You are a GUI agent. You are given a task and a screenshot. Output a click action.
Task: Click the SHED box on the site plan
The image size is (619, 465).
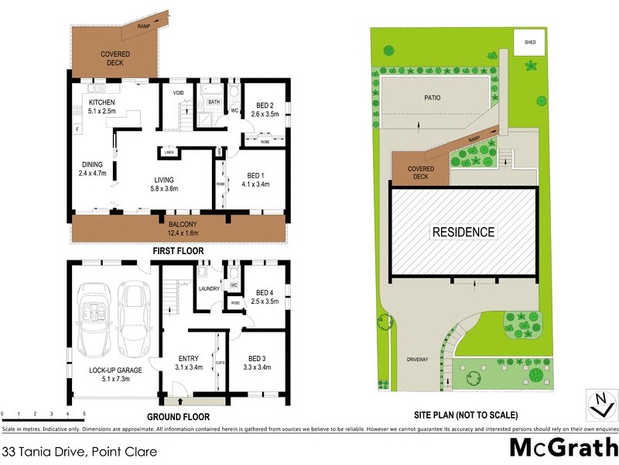point(530,43)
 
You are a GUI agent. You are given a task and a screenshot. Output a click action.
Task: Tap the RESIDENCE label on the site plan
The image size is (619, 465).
point(463,232)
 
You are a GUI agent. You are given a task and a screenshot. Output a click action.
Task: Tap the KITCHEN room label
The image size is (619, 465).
point(102,102)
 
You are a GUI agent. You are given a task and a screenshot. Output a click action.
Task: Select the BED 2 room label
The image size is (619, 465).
point(264,105)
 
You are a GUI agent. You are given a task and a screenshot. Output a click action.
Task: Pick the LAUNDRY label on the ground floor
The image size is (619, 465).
point(207,289)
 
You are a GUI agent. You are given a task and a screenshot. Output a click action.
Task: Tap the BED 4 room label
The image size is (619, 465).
point(266,293)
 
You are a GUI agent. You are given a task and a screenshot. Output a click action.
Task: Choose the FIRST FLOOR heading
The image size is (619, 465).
point(177,251)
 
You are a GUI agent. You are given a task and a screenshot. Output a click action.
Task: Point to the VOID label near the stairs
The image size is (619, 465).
point(178,93)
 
